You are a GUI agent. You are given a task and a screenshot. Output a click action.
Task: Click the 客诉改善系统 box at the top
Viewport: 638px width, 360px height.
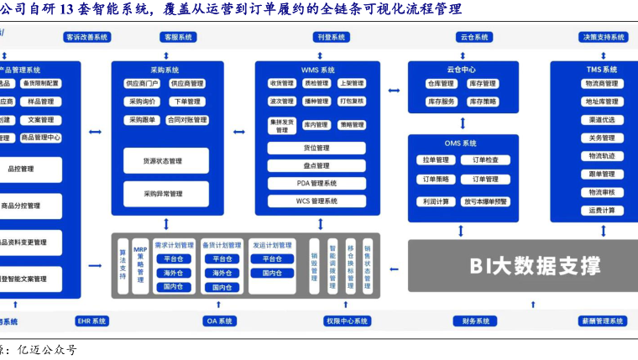tap(86, 38)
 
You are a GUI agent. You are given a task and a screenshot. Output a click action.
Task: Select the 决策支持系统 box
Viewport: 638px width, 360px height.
tap(603, 38)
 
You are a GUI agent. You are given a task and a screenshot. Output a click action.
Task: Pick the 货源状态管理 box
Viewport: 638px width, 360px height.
tap(165, 161)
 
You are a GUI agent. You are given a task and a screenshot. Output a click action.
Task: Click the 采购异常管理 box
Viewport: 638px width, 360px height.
tap(165, 194)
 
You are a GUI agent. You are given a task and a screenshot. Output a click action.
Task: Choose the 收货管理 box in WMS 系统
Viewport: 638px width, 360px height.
tap(281, 84)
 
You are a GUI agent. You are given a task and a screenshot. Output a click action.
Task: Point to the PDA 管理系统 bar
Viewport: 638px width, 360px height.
tap(317, 183)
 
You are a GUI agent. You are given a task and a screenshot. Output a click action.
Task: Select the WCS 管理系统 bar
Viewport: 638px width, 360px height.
tap(317, 201)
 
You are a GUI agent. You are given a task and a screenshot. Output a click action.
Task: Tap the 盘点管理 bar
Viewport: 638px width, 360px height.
tap(317, 166)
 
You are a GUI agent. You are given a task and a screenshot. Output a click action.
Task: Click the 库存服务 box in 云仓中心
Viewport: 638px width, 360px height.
tap(442, 102)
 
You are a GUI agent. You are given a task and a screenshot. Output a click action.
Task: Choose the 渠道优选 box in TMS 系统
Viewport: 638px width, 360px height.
tap(602, 120)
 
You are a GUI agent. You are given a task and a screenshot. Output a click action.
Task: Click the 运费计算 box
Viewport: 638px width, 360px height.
tap(602, 210)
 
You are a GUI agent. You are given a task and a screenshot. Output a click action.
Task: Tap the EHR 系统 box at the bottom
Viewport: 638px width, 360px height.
tap(92, 321)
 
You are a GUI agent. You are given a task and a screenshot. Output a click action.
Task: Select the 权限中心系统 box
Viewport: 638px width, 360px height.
tap(348, 321)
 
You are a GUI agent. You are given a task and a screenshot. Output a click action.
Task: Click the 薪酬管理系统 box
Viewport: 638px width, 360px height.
tap(602, 321)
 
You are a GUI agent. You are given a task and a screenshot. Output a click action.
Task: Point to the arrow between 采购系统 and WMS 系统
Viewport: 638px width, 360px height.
tap(238, 132)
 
